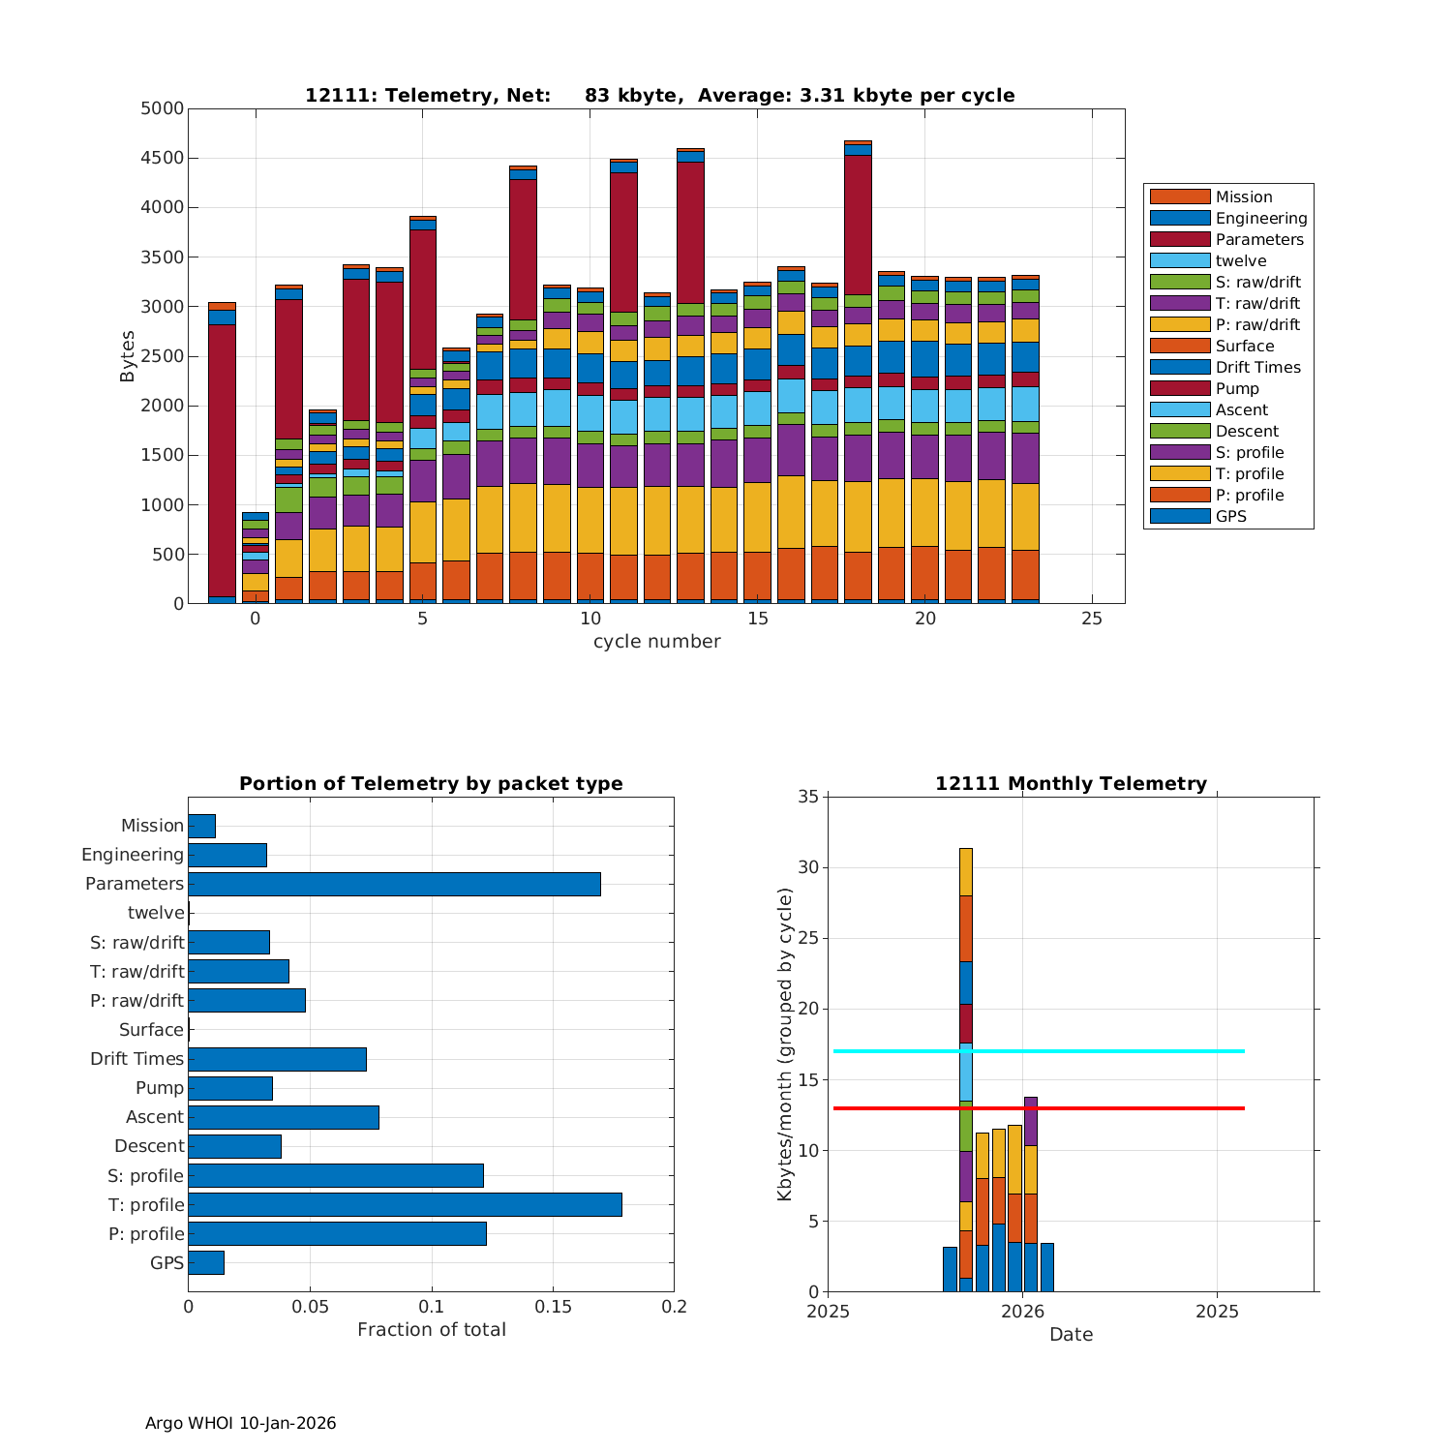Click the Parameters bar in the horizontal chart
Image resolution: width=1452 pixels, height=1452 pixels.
tap(394, 884)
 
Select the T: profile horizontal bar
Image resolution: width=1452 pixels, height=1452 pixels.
tap(405, 1204)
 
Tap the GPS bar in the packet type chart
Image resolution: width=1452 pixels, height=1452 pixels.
tap(206, 1262)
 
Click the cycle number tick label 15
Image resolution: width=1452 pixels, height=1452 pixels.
tap(758, 619)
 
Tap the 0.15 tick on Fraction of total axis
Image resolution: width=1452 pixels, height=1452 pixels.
tap(553, 1307)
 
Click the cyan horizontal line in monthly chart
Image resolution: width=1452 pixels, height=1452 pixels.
tap(1113, 1050)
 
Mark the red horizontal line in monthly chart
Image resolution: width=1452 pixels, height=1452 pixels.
tap(1113, 1107)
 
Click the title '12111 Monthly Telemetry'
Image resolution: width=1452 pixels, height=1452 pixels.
tap(1071, 784)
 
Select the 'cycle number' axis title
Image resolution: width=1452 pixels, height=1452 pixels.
tap(656, 642)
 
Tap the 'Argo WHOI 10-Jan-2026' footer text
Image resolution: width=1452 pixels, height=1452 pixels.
tap(240, 1423)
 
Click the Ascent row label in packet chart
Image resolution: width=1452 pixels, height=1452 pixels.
tap(154, 1117)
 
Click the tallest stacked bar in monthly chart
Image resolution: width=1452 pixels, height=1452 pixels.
tap(965, 1065)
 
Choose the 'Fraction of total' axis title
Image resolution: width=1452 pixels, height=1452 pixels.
tap(431, 1330)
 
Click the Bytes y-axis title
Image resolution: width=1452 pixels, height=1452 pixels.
tap(128, 356)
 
